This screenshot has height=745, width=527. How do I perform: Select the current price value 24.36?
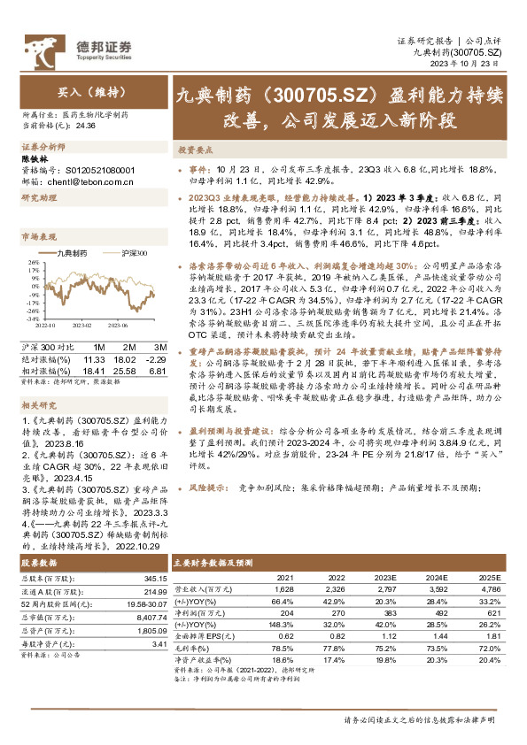point(87,125)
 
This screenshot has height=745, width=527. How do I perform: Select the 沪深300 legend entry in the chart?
point(131,254)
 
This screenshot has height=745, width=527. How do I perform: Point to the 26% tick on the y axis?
point(34,263)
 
